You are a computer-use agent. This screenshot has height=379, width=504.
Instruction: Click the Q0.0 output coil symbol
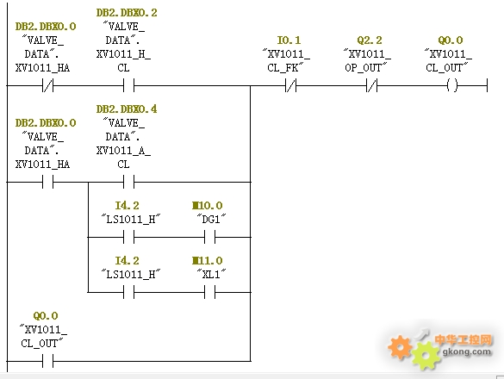pos(452,86)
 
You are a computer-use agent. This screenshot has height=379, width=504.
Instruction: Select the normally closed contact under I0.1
pos(290,86)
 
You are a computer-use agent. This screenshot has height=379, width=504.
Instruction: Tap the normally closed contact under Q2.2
pos(371,86)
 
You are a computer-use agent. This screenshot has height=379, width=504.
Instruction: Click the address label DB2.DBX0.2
pos(127,13)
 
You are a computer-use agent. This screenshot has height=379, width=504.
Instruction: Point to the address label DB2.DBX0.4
pos(127,109)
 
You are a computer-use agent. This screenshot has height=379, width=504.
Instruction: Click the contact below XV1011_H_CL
pos(128,86)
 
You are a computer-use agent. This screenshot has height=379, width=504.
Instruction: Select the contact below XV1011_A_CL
pos(128,182)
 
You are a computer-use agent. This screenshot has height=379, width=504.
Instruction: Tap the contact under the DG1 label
pos(209,237)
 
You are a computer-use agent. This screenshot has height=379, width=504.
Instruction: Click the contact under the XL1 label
pos(209,292)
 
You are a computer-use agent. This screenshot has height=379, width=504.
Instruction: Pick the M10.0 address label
pos(208,205)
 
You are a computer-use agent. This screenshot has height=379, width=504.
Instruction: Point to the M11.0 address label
pos(208,260)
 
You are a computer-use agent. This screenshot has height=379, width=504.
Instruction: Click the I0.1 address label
pos(289,40)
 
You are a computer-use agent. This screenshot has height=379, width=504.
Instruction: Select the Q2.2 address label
pos(370,40)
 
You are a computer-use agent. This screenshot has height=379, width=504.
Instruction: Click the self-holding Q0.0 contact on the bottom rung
pos(47,361)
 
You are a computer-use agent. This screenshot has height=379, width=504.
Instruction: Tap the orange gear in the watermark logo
pos(400,347)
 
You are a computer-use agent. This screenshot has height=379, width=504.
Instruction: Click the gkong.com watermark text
pos(467,351)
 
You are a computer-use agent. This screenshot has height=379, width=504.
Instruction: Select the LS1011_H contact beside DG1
pos(128,237)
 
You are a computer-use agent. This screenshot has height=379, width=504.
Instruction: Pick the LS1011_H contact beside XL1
pos(128,292)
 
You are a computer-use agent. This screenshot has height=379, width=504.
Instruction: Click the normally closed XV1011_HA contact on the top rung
pos(47,86)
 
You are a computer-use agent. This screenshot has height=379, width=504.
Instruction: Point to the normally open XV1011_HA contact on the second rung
pos(47,182)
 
